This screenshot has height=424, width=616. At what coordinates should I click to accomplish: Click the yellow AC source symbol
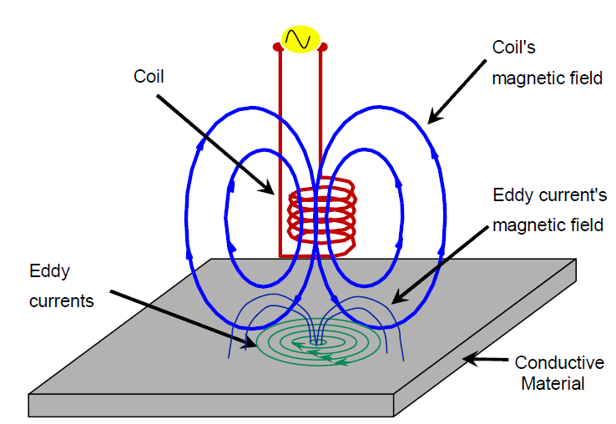click(300, 38)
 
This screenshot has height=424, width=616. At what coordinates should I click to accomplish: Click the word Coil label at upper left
click(149, 76)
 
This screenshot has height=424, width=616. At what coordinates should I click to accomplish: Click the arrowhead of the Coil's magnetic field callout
click(431, 121)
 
